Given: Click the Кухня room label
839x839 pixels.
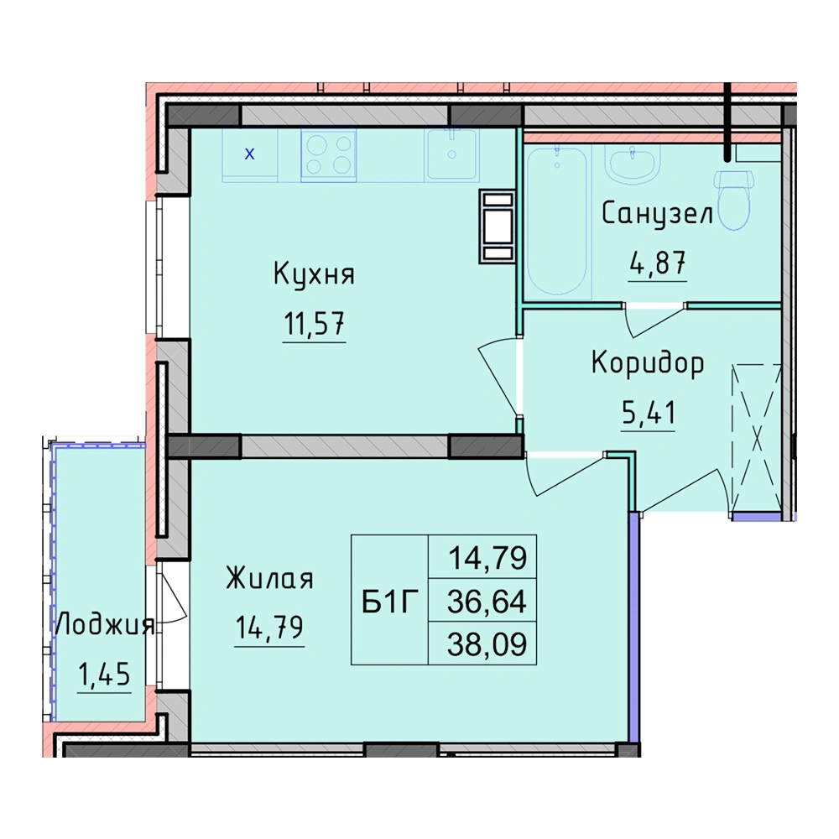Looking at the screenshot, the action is click(314, 275).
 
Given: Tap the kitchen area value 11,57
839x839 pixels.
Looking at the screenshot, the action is click(314, 324).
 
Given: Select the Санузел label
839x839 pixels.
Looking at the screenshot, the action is click(657, 214).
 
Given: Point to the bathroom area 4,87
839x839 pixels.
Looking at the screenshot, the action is click(658, 263).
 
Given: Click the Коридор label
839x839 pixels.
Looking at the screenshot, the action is click(648, 364).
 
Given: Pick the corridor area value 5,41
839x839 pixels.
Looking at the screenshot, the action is click(649, 412).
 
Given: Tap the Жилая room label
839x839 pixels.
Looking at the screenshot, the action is click(269, 578).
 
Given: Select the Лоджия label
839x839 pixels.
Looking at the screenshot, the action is click(105, 625).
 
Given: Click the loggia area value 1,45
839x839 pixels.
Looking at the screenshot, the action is click(104, 674).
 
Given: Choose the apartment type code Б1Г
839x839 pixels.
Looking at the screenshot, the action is click(389, 603).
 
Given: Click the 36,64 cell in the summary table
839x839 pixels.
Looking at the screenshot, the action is click(487, 602).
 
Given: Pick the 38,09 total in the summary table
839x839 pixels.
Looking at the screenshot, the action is click(487, 644).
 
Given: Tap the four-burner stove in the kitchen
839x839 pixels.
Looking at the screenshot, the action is click(329, 155).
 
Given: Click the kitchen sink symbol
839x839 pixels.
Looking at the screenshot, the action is click(451, 154).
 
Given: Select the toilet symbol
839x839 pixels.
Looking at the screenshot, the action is click(733, 201).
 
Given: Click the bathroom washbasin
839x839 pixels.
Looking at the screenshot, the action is click(633, 164).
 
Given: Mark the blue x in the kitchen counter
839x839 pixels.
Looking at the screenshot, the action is click(249, 154).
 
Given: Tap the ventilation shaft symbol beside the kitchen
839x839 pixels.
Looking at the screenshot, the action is click(497, 227).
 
